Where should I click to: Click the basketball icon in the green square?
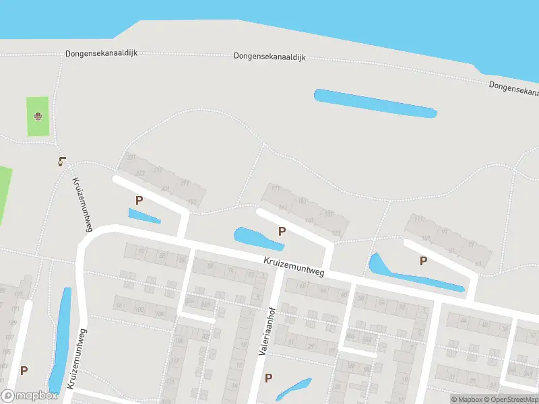tap(38, 116)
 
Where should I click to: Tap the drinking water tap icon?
tap(62, 161)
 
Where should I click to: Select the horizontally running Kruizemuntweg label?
tap(294, 267)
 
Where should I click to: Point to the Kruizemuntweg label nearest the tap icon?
tap(82, 201)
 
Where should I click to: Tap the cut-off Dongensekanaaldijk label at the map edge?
tap(514, 88)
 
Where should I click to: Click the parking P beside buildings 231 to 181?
tap(139, 200)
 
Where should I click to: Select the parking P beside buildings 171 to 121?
tap(282, 231)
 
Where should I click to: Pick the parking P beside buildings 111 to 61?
tap(423, 261)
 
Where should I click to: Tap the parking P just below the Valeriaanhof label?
tap(268, 378)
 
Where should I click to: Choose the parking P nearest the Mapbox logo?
tap(24, 370)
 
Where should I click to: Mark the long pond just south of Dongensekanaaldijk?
tap(375, 103)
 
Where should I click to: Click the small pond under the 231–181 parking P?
tap(144, 216)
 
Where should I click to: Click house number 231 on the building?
tap(131, 158)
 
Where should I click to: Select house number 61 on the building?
tap(478, 263)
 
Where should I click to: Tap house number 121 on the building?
tap(336, 233)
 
